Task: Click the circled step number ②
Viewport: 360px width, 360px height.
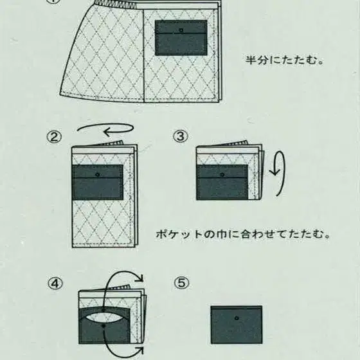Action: (54, 137)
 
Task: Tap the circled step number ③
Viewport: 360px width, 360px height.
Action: (181, 137)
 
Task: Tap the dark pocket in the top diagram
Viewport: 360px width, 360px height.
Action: (181, 38)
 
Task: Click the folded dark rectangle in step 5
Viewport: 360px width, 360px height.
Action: (237, 325)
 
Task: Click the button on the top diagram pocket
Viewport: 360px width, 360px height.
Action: (181, 30)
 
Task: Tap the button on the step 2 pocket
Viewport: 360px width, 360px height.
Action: (98, 174)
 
